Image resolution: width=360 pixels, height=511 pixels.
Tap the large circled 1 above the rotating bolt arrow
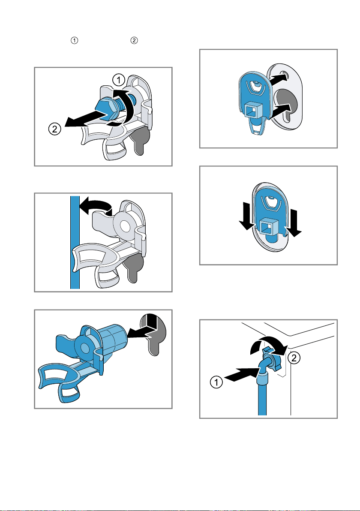tap(119, 79)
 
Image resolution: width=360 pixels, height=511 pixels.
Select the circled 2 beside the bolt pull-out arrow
tap(55, 129)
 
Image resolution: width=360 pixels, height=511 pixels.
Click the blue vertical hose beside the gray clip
tap(75, 242)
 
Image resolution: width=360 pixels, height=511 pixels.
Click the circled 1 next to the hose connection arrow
tap(216, 382)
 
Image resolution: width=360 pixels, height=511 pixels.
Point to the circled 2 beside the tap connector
tap(294, 358)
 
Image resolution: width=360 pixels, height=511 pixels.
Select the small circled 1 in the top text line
tap(75, 40)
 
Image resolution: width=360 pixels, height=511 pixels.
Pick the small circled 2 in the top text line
tap(134, 40)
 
